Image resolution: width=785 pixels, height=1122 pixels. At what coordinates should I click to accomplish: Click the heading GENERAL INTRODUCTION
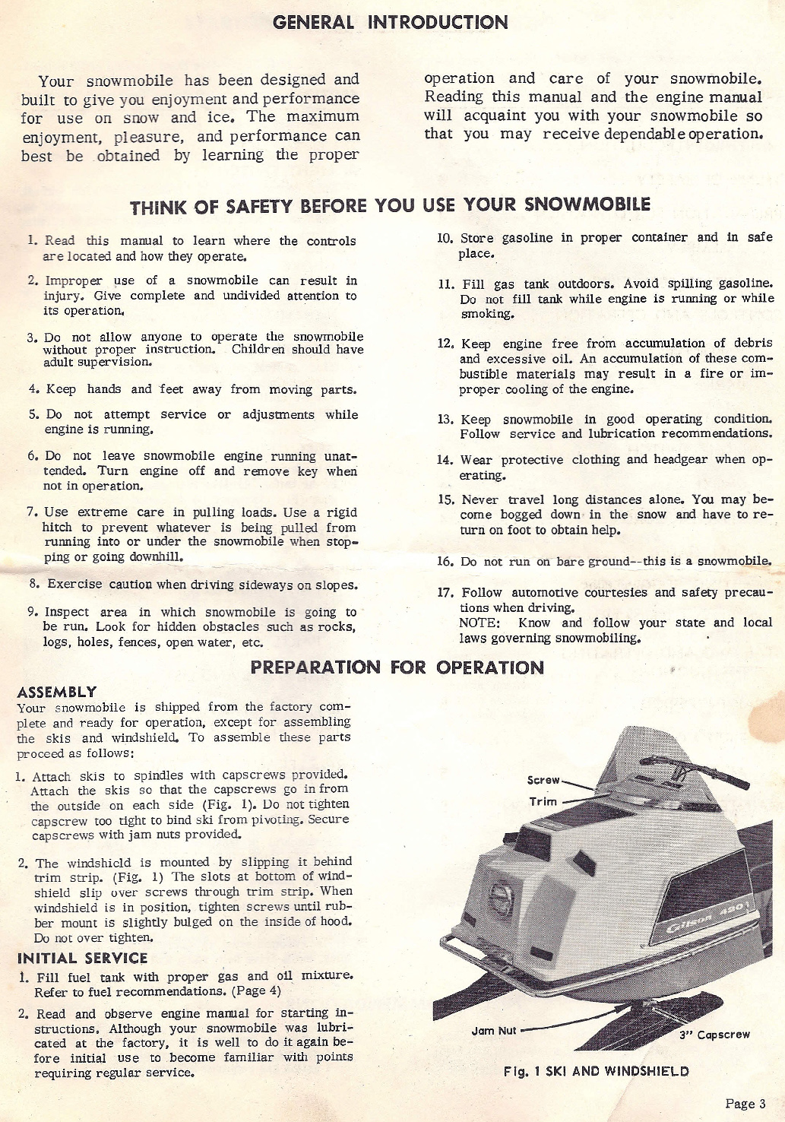[x=391, y=22]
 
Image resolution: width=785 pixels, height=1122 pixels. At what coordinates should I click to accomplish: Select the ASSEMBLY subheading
[x=57, y=692]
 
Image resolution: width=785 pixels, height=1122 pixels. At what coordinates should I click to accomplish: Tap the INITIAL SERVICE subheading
[x=82, y=958]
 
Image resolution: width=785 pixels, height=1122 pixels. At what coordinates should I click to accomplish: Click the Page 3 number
[x=745, y=1104]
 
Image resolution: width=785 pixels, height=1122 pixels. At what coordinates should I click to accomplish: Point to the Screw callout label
[x=543, y=781]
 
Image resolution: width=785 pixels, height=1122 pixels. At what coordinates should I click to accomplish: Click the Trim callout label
[x=543, y=801]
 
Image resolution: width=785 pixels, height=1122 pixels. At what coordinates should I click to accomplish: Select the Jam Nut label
[x=494, y=1031]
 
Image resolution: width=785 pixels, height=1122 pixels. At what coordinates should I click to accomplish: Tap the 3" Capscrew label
[x=714, y=1035]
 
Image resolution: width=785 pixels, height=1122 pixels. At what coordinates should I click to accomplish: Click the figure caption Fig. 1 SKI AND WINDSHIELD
[x=597, y=1071]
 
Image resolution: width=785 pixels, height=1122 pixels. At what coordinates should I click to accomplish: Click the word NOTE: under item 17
[x=479, y=623]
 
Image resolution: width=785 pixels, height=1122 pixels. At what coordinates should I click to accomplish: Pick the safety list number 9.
[x=33, y=612]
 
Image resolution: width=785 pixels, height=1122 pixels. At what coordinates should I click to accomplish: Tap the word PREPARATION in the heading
[x=315, y=667]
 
